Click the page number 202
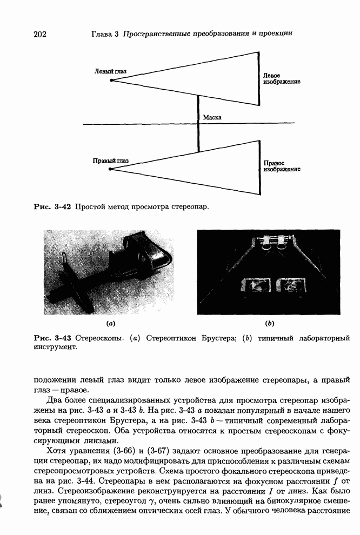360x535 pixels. (x=40, y=35)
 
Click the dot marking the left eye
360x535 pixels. (x=111, y=80)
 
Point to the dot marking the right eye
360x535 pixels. (x=111, y=169)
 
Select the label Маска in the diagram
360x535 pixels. (x=212, y=117)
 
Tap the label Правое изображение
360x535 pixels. (x=282, y=166)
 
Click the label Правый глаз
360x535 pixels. (x=111, y=160)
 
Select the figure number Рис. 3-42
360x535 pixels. (x=53, y=206)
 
